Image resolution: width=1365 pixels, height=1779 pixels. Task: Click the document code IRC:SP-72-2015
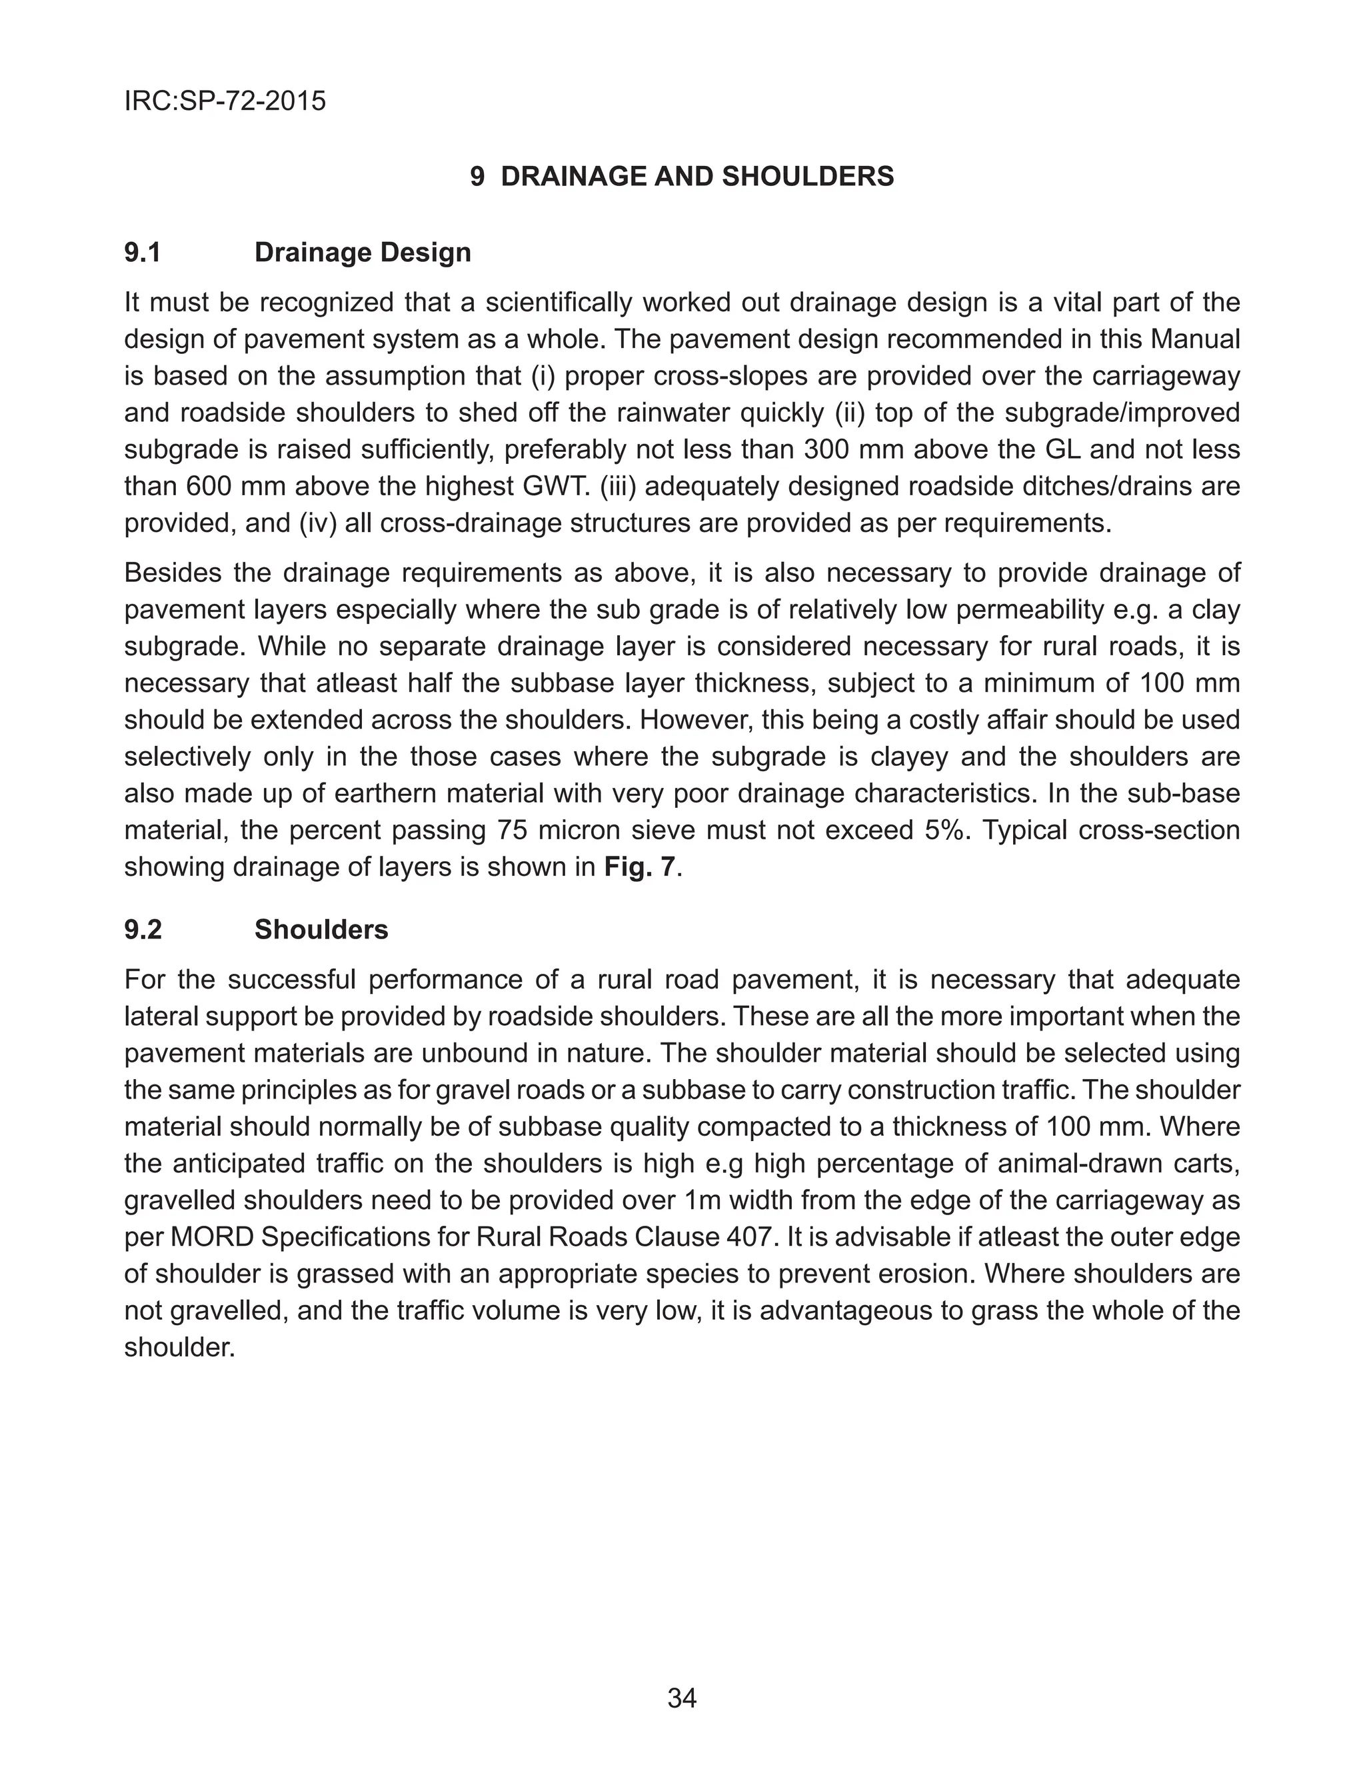tap(225, 101)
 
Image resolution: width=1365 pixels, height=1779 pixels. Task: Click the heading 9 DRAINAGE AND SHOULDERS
tap(682, 177)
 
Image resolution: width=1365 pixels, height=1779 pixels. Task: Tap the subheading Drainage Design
tap(363, 253)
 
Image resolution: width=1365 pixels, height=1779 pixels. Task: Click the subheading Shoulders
tap(321, 929)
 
